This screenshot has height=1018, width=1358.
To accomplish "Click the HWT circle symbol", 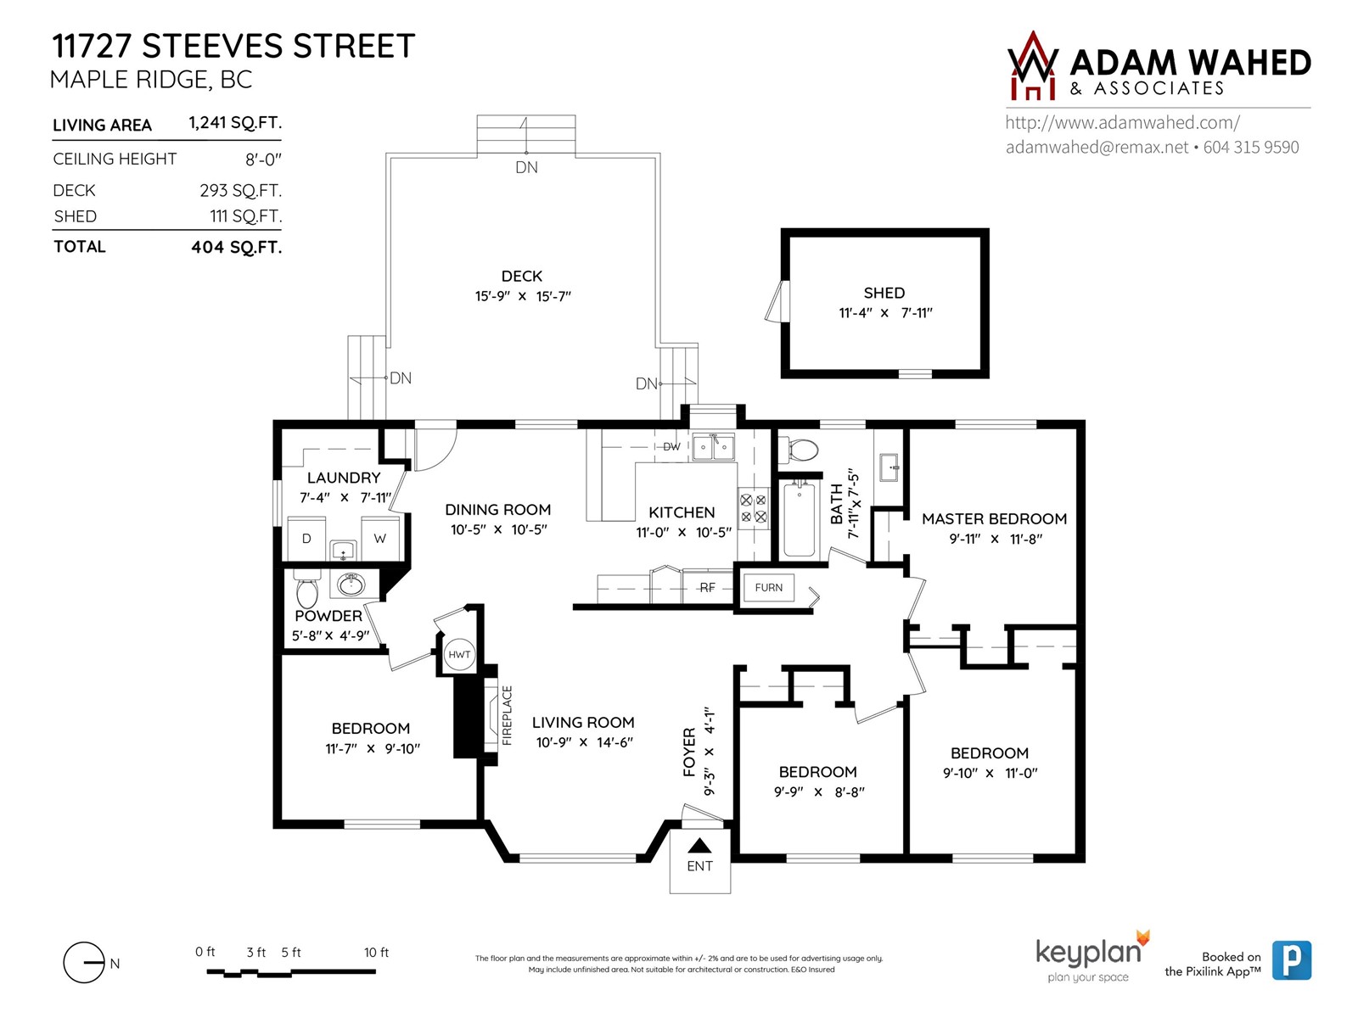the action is (x=459, y=654).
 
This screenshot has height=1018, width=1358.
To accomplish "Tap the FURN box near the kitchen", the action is (x=768, y=587).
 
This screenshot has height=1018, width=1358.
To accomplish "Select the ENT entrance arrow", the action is (x=699, y=845).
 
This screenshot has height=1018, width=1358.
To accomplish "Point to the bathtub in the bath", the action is (x=799, y=518).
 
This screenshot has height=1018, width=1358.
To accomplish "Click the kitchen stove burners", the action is (x=754, y=507).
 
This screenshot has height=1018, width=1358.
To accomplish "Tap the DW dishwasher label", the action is (x=671, y=446).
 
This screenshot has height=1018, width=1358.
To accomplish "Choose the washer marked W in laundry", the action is (x=380, y=539).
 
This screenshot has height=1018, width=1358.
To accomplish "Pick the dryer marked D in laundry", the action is (x=306, y=539).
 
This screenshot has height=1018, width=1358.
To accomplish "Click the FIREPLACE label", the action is (x=507, y=715).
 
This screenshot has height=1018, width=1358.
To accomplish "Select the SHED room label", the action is (x=884, y=293).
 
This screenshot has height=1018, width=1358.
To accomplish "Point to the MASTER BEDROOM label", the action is (x=994, y=518).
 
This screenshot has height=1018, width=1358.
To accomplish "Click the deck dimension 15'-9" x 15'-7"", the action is (x=522, y=296).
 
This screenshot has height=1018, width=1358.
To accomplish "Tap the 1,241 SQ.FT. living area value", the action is (x=235, y=122).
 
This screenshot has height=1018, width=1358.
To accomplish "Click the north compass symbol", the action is (x=84, y=962).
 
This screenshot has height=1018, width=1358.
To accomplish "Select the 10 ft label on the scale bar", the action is (x=376, y=953).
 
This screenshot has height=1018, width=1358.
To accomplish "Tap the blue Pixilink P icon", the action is (x=1291, y=960).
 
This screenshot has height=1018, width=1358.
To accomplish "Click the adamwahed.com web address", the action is (x=1122, y=122).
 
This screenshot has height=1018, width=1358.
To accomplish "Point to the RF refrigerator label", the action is (x=707, y=587).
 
